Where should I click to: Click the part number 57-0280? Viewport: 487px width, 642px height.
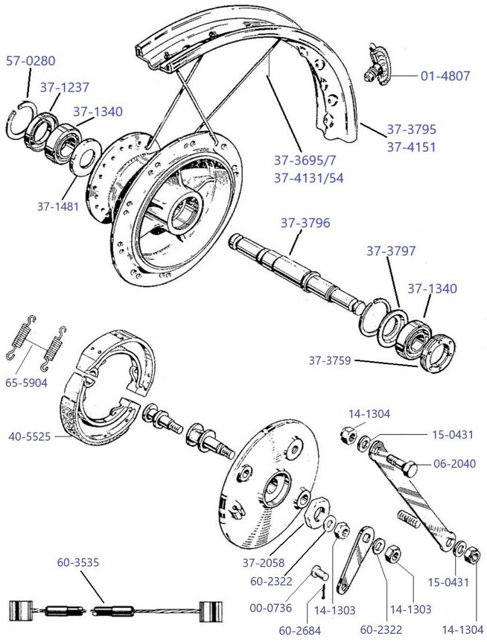coord(31,61)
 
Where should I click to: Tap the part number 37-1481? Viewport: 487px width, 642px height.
coord(57,206)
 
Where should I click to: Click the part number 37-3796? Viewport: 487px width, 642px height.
coord(305,223)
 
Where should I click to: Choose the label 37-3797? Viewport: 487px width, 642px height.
coord(390,251)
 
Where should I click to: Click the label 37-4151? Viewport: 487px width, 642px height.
coord(411,146)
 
